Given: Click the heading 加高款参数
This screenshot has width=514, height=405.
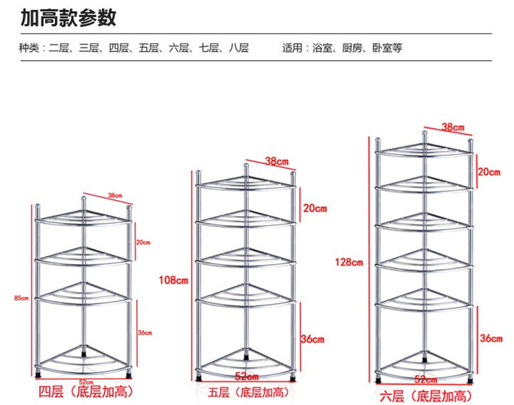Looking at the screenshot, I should tap(68, 17).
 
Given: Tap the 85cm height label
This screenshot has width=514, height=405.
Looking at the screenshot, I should tap(21, 298).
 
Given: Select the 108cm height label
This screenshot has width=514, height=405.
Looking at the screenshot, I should tap(173, 280).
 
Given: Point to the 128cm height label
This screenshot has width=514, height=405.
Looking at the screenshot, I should tap(350, 262).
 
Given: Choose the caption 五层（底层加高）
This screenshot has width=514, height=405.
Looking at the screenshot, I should tap(248, 392).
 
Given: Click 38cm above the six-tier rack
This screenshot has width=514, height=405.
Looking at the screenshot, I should tap(453, 127).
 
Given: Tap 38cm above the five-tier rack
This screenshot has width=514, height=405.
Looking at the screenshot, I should tap(276, 162).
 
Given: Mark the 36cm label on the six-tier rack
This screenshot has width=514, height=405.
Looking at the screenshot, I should tap(491, 338).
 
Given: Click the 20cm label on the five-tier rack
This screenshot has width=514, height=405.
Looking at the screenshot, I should tap(312, 208).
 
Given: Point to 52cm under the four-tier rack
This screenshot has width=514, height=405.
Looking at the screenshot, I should tap(86, 380).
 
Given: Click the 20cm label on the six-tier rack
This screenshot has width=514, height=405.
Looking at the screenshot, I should tap(489, 172).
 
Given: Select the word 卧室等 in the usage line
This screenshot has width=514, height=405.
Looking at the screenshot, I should tap(387, 49).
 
